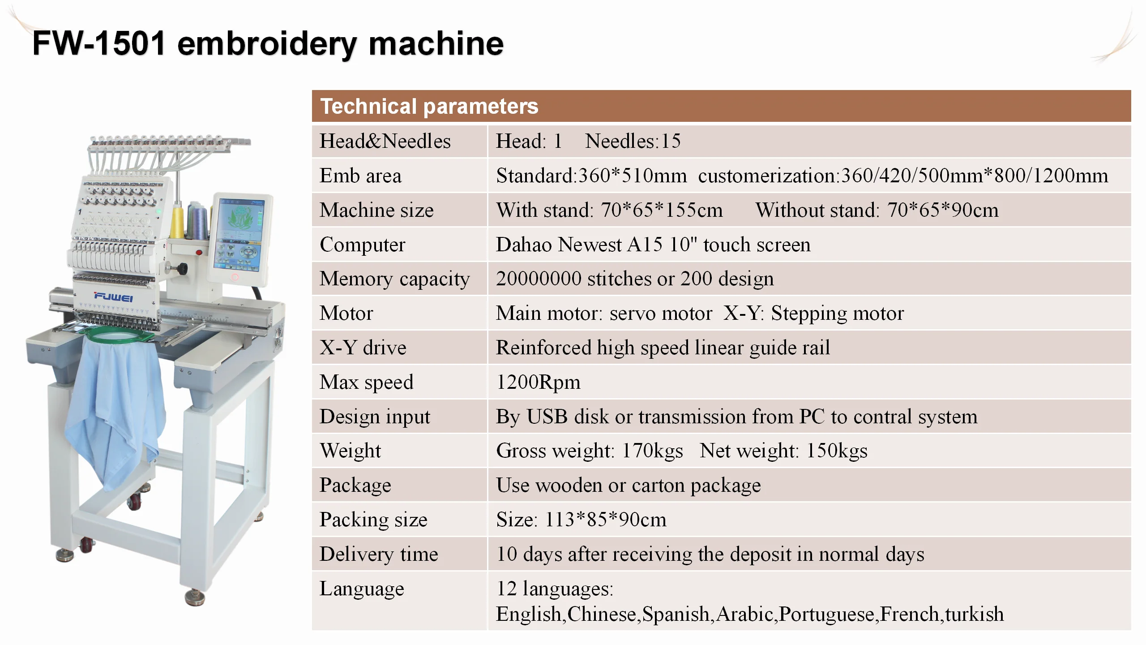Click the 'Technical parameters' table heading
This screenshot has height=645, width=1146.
429,107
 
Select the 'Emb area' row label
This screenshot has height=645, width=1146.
360,176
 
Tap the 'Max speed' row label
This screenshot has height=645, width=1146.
366,382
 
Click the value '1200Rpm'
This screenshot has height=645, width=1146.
538,382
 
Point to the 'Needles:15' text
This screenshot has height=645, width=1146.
633,141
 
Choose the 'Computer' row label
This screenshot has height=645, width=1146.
362,245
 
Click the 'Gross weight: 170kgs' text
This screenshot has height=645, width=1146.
590,451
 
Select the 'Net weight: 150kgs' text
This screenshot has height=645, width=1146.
783,451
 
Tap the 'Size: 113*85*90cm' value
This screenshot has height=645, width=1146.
581,520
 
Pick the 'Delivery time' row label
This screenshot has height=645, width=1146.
379,554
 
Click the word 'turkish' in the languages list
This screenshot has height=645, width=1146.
974,614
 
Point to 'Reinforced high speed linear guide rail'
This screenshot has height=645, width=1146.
663,348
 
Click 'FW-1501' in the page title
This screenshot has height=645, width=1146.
99,43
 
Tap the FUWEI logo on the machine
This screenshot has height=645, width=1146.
113,297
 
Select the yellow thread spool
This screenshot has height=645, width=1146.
177,223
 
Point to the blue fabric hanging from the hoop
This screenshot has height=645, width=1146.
114,412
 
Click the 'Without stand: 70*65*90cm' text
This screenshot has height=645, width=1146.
877,210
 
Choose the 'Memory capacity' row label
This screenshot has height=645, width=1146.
394,279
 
